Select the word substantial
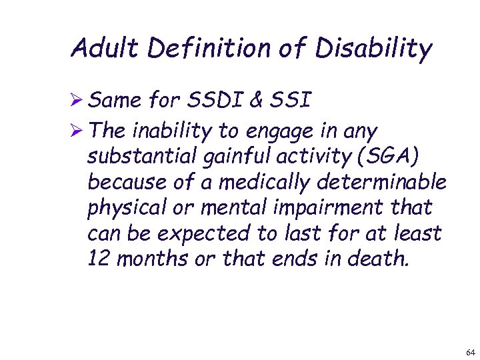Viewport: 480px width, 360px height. point(140,156)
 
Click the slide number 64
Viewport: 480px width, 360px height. point(471,351)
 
